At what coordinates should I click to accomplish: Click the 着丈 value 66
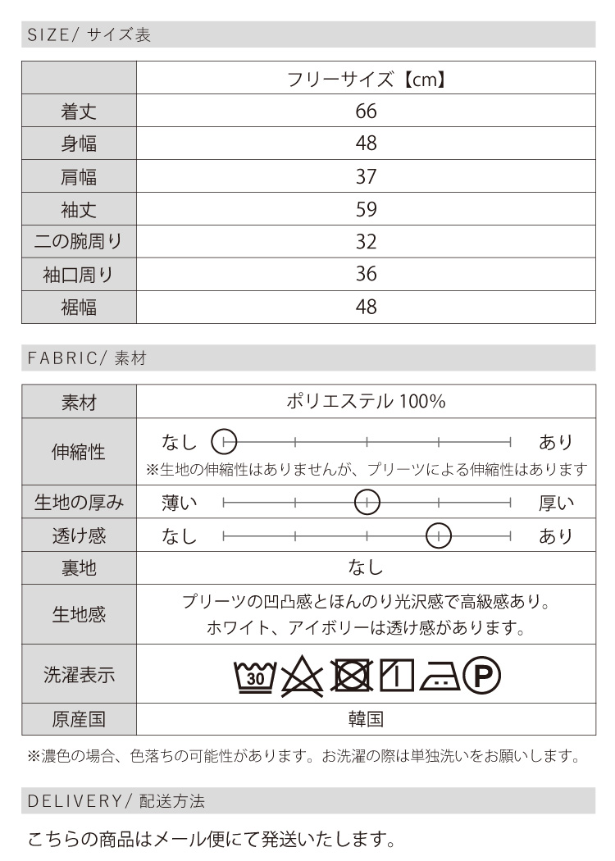pyautogui.click(x=366, y=112)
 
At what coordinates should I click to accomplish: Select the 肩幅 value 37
pyautogui.click(x=366, y=177)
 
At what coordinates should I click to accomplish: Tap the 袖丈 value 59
pyautogui.click(x=366, y=210)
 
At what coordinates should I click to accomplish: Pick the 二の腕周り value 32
pyautogui.click(x=366, y=243)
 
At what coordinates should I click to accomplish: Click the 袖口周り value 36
pyautogui.click(x=366, y=275)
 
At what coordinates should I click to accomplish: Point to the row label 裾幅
pyautogui.click(x=79, y=307)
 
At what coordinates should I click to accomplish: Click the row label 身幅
pyautogui.click(x=79, y=144)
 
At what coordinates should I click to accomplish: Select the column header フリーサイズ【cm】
pyautogui.click(x=366, y=80)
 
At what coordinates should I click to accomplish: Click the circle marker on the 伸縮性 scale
pyautogui.click(x=224, y=442)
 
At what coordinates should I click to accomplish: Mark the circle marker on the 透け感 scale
pyautogui.click(x=440, y=535)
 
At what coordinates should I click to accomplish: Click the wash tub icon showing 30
pyautogui.click(x=255, y=676)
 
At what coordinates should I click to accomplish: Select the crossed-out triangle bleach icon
pyautogui.click(x=303, y=676)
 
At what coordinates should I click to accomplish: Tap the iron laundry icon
pyautogui.click(x=439, y=676)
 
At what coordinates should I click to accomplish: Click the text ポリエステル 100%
pyautogui.click(x=366, y=403)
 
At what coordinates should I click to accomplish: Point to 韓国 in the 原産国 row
pyautogui.click(x=366, y=720)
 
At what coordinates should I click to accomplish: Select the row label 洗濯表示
pyautogui.click(x=79, y=676)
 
